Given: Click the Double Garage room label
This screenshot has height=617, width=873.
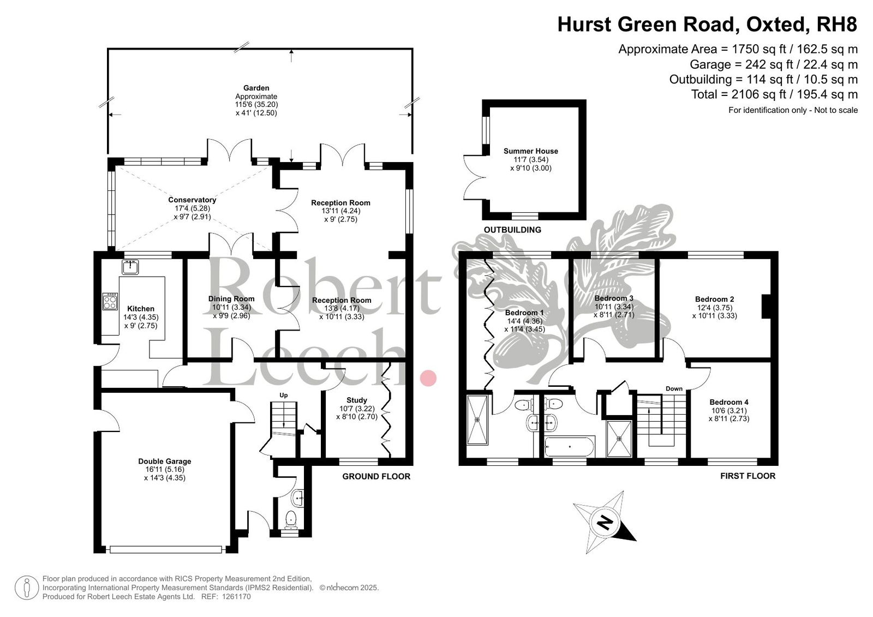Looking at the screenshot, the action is [x=164, y=461].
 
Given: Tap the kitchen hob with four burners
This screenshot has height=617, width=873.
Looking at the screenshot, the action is [x=110, y=301].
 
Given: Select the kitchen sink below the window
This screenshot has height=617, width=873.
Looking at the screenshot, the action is [x=130, y=267].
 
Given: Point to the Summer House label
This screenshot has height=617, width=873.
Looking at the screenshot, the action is [x=530, y=151].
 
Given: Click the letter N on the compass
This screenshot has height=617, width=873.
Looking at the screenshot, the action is [x=605, y=522].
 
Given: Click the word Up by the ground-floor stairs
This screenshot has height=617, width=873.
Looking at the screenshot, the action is [x=283, y=395].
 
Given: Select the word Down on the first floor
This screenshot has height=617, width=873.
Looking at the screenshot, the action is [x=674, y=388].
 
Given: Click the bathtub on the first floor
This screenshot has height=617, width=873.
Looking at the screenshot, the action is [x=570, y=447].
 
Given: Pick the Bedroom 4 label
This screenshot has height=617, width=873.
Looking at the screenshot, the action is [x=729, y=402].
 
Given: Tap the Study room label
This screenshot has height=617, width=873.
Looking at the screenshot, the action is [x=357, y=400].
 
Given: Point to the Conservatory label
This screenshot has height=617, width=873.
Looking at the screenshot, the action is [x=192, y=200].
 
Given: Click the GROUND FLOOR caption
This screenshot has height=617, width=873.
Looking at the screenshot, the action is [x=376, y=476].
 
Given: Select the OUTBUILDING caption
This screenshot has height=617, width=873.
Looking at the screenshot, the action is [x=512, y=230].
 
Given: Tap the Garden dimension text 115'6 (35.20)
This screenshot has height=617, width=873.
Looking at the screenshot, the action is [x=256, y=104].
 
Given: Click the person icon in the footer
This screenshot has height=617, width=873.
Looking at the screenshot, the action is [x=27, y=588].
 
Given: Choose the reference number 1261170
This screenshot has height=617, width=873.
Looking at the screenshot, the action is [x=236, y=596].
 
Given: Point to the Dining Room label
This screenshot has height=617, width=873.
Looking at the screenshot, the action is [x=231, y=298].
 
